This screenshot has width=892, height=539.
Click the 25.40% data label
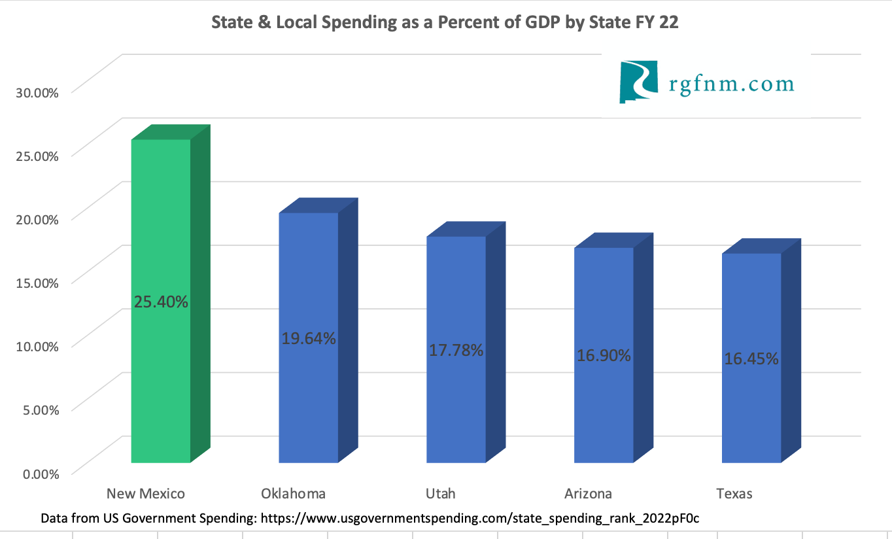[x=161, y=302]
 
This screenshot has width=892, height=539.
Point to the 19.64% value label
[x=309, y=338]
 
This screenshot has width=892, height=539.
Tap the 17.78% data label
[x=456, y=350]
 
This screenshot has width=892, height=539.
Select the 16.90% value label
[x=604, y=355]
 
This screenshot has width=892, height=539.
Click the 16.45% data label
[x=751, y=358]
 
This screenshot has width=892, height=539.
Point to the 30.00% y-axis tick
[x=37, y=92]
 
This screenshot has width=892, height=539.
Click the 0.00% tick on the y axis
[x=41, y=473]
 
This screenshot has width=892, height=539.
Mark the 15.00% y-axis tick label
[x=37, y=283]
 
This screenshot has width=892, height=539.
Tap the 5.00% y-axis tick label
[x=41, y=409]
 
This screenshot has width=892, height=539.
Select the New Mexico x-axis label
[x=146, y=493]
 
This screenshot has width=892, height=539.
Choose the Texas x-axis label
[x=734, y=493]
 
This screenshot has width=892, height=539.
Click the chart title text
[x=445, y=23]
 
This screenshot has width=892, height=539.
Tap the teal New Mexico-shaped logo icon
[x=638, y=82]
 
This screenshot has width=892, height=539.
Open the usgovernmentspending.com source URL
[x=485, y=518]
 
